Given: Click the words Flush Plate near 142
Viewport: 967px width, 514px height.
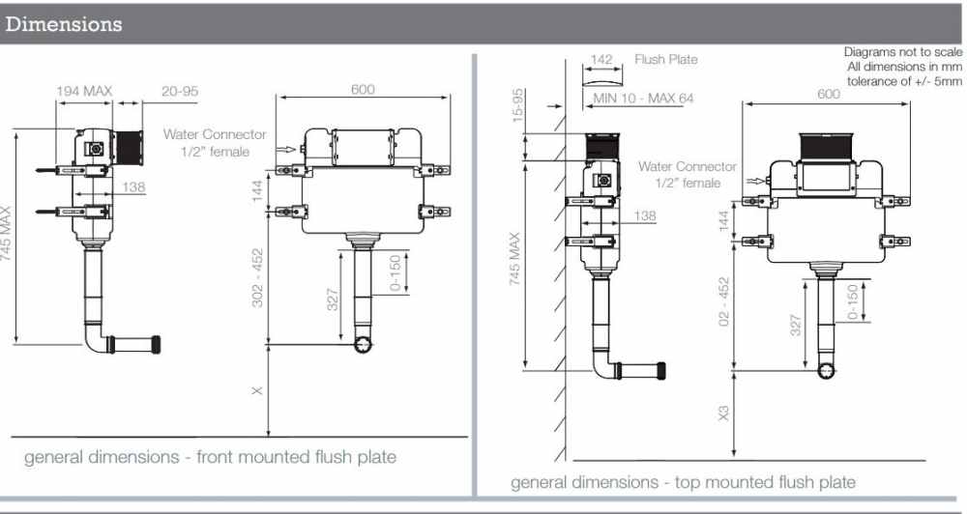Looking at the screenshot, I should (666, 59).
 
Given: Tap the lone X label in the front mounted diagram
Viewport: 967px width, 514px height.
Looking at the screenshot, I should (256, 391).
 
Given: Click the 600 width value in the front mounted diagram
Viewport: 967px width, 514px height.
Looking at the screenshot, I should (362, 90).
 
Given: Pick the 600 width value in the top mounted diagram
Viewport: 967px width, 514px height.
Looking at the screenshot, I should (829, 95).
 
